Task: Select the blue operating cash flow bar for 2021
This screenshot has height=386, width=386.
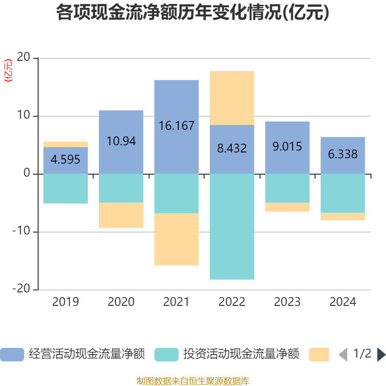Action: (x=176, y=106)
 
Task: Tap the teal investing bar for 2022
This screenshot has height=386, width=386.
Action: (x=232, y=227)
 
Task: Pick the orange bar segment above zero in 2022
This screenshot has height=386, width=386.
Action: (x=232, y=98)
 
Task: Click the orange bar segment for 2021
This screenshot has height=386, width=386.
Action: (x=176, y=239)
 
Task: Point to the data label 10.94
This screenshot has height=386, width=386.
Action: (x=121, y=141)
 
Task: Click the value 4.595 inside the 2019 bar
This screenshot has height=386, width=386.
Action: (x=66, y=160)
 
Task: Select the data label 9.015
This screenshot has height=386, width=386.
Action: (x=287, y=146)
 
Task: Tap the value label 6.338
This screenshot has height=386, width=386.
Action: (x=343, y=154)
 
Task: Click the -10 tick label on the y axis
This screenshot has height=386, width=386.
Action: (x=21, y=232)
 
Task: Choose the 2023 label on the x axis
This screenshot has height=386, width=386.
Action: (x=287, y=302)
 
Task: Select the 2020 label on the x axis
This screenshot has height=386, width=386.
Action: (x=121, y=302)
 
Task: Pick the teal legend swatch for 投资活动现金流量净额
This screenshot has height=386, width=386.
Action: (x=166, y=355)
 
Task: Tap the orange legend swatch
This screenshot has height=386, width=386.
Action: (x=318, y=355)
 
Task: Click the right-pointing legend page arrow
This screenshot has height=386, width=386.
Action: (x=381, y=355)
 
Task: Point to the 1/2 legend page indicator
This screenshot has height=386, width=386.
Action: (x=362, y=354)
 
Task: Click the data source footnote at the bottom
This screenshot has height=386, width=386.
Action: (x=193, y=381)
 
